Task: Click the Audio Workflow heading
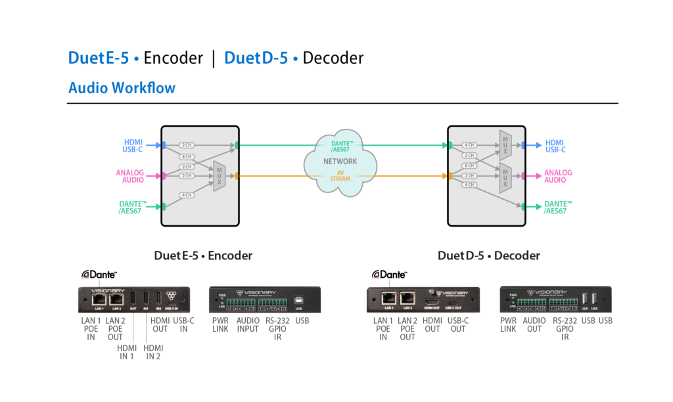coord(122,87)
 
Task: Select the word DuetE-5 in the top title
coord(98,58)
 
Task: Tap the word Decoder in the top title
coord(333,58)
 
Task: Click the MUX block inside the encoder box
coord(220,176)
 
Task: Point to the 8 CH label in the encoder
coord(187,157)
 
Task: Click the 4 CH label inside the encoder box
coord(187,195)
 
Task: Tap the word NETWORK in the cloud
coord(340,161)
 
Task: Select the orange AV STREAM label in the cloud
coord(340,175)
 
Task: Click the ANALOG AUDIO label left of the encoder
coord(129,176)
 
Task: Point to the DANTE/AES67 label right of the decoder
coord(558,208)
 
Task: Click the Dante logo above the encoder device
coord(99,274)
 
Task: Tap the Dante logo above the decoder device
coord(389,274)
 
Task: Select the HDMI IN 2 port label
coord(153,352)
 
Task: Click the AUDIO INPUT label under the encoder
coord(248,324)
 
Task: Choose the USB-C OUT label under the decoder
coord(458,324)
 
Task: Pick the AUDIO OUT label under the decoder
coord(534,324)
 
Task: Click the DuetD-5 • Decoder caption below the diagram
coord(489,256)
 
